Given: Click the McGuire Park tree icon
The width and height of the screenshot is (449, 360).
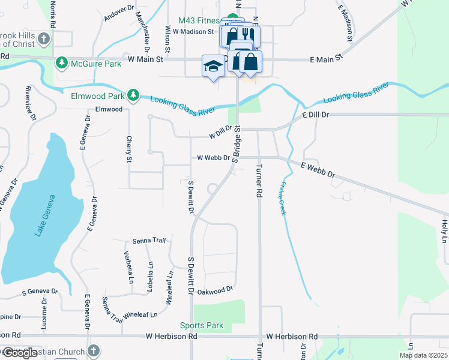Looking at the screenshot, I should coord(61,62).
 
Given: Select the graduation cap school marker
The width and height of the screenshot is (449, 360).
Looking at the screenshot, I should coord(213,65).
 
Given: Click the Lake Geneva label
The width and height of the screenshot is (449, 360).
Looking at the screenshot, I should coord(46,215).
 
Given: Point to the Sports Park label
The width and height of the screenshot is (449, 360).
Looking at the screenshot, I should coord(202,326).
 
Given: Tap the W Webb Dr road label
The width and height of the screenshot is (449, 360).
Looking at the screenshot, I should coord(214,158).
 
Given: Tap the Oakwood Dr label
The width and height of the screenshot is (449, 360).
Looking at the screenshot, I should coord(215,290).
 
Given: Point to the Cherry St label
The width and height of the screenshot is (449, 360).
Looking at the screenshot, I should coord(128,149).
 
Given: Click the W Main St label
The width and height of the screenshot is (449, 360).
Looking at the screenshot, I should coord(145,60).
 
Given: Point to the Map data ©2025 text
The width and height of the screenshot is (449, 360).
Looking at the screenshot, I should coord(423,355).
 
